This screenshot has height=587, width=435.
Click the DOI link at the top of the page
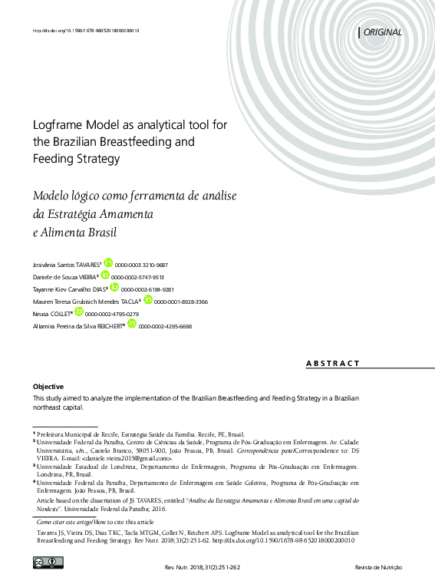(85, 31)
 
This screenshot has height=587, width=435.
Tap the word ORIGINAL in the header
(382, 32)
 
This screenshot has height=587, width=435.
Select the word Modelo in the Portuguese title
(54, 196)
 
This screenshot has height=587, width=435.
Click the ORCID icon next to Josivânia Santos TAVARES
(107, 262)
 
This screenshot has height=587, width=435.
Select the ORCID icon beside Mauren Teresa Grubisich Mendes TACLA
(148, 300)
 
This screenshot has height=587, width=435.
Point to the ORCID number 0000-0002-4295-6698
(165, 326)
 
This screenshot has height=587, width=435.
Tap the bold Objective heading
(48, 386)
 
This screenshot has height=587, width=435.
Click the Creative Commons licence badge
(48, 563)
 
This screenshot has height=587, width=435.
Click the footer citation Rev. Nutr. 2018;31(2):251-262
(199, 568)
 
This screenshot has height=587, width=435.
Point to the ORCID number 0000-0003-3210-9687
(142, 263)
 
